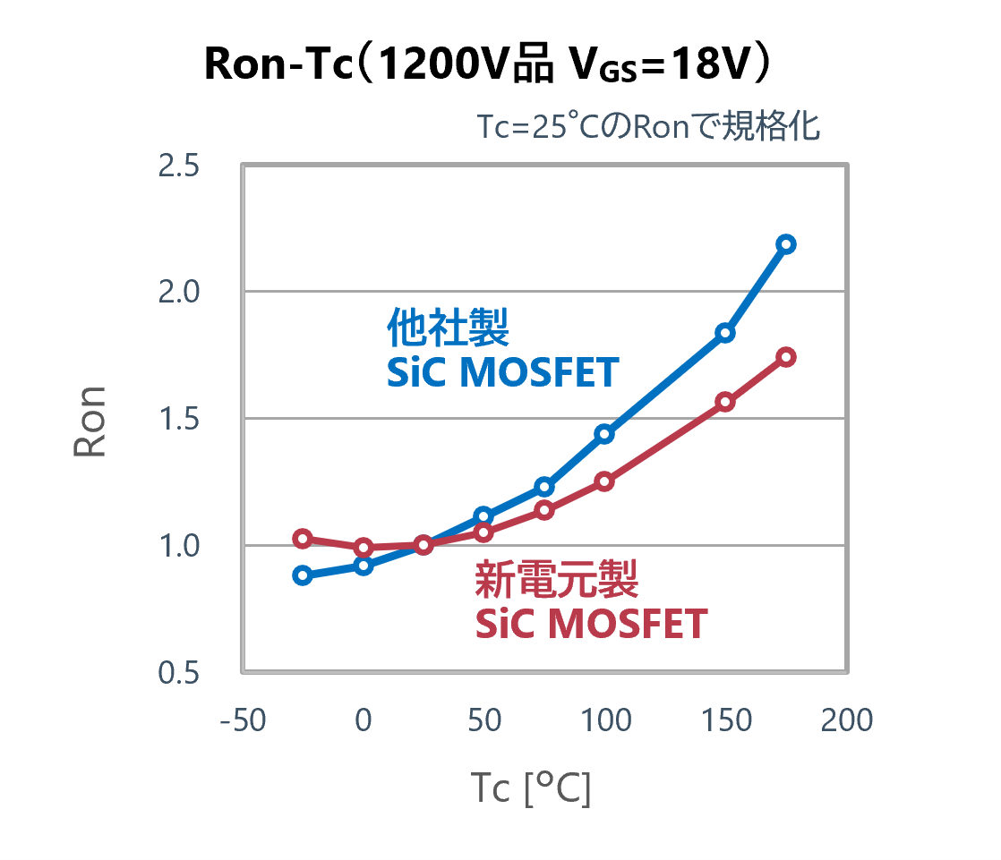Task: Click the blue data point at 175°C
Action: (x=786, y=244)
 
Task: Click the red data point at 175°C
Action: (x=786, y=357)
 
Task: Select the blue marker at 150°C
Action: (x=725, y=333)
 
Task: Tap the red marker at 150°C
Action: (x=725, y=402)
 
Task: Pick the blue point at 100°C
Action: (x=604, y=434)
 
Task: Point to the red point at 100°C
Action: (x=604, y=481)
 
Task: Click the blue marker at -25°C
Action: (x=303, y=575)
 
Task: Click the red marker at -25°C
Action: (x=303, y=539)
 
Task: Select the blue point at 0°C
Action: (x=364, y=566)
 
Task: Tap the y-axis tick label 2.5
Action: (x=178, y=166)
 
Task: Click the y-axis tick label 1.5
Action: (x=178, y=420)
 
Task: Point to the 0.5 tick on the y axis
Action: (x=178, y=673)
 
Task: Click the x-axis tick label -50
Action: (x=243, y=720)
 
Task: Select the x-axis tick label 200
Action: (x=846, y=720)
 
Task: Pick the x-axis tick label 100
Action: (x=604, y=720)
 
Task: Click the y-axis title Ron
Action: (x=90, y=421)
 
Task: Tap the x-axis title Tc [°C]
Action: (x=530, y=788)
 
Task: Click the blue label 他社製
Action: (x=448, y=328)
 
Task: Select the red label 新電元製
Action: (x=556, y=580)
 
